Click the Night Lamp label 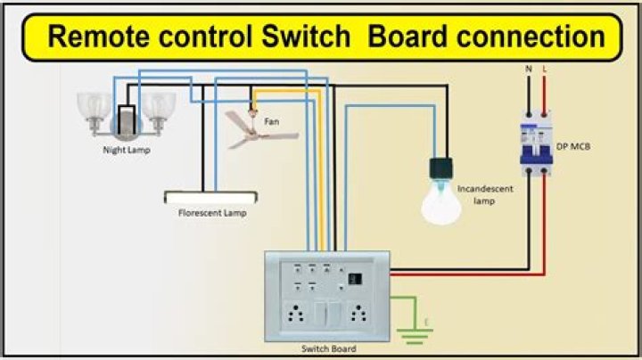click(x=125, y=150)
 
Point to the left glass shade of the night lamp click(x=95, y=107)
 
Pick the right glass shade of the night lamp click(x=159, y=107)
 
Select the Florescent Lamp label click(x=211, y=213)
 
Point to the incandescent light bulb click(x=440, y=201)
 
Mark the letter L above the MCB click(x=545, y=68)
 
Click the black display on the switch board click(x=355, y=279)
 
